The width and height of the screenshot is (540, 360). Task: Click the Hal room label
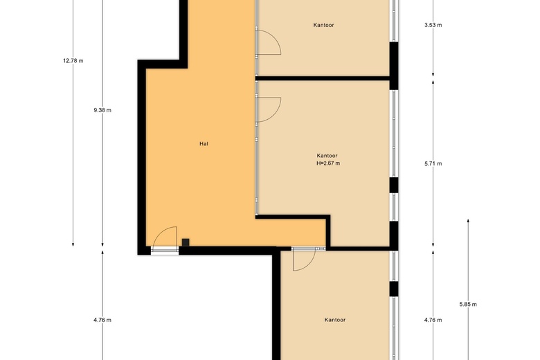point(204,144)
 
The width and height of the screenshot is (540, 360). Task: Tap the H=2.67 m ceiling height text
point(328,163)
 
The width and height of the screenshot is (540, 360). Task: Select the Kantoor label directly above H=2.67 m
point(327,156)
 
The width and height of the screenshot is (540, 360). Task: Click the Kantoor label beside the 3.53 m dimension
point(323,25)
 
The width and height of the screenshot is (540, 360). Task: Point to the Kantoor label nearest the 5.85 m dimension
point(335,320)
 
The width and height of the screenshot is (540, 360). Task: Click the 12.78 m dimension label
point(73,61)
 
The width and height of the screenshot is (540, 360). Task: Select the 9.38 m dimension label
point(102,110)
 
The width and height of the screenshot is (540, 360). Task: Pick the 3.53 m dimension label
point(433,25)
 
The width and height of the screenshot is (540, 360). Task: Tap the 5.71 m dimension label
point(433,163)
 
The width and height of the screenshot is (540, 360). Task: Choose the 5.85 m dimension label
point(468,304)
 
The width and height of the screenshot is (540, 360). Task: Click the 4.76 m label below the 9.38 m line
point(102,320)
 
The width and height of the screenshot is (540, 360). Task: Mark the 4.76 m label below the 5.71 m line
point(433,320)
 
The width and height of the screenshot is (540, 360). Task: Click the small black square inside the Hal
point(186,242)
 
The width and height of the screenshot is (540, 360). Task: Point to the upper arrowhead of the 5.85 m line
point(468,221)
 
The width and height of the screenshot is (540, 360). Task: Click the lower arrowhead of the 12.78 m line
point(73,244)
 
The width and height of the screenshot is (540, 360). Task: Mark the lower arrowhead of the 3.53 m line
point(433,74)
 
